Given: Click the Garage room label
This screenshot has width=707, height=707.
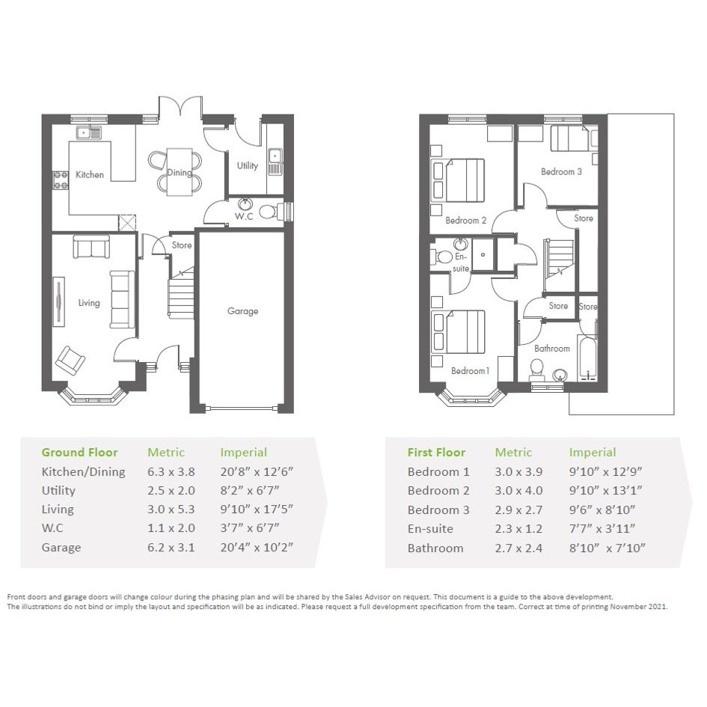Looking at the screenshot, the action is tap(242, 311).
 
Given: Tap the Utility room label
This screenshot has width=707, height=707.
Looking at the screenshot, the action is tap(248, 166).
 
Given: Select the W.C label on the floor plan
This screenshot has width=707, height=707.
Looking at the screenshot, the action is tap(244, 216).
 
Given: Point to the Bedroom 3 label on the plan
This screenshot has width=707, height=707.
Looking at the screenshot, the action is tap(561, 172).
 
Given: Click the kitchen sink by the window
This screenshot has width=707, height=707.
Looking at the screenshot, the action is tap(89, 132).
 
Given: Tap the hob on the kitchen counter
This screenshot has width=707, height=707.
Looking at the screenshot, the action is tap(61, 180).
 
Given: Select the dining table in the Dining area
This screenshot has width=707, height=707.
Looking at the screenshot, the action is tap(180, 172).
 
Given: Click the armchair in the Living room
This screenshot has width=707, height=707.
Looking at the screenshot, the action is tap(70, 361).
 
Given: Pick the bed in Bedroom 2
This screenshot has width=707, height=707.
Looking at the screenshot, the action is tap(458, 180).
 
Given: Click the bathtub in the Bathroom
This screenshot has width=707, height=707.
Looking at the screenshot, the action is tap(587, 358).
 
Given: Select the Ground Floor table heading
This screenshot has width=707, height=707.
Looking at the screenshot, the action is tap(79, 452).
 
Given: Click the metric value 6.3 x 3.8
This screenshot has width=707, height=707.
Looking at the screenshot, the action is tap(171, 471).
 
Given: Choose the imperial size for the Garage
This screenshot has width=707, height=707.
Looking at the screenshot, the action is tap(257, 548).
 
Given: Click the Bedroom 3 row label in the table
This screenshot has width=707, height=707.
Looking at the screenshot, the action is tap(438, 510).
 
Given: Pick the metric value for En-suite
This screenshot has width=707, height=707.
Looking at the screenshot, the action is tap(518, 529).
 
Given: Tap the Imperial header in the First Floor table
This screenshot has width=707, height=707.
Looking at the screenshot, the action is tap(593, 452).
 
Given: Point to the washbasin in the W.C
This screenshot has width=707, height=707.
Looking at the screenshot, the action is tap(245, 204).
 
